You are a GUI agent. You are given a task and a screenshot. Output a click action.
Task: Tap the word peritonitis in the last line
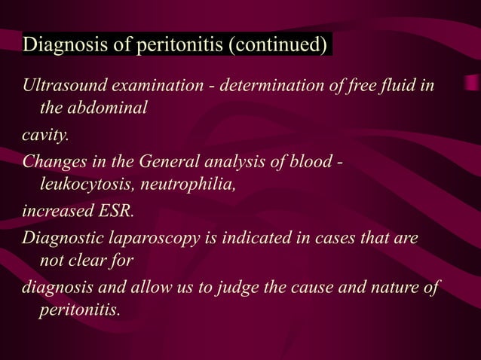coord(78,310)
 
